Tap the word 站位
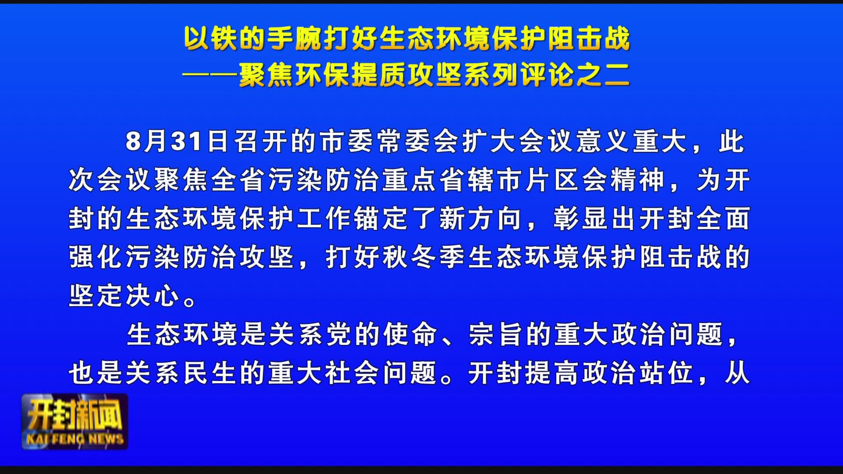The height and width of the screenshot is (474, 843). pyautogui.click(x=666, y=373)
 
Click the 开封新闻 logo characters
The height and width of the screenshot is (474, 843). pyautogui.click(x=75, y=415)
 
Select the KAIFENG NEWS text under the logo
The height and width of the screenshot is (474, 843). pyautogui.click(x=75, y=439)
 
